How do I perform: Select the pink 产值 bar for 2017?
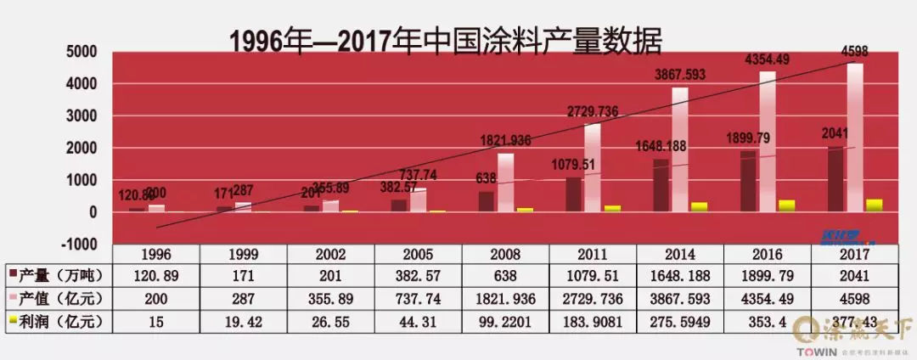(854, 136)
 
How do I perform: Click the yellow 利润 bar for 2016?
(787, 205)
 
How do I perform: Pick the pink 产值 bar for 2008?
(505, 182)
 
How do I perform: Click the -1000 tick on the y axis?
(83, 245)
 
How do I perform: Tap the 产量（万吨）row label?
(60, 274)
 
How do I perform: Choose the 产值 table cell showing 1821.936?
(505, 297)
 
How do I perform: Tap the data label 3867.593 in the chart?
(688, 75)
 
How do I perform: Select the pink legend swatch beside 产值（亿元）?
(12, 297)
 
